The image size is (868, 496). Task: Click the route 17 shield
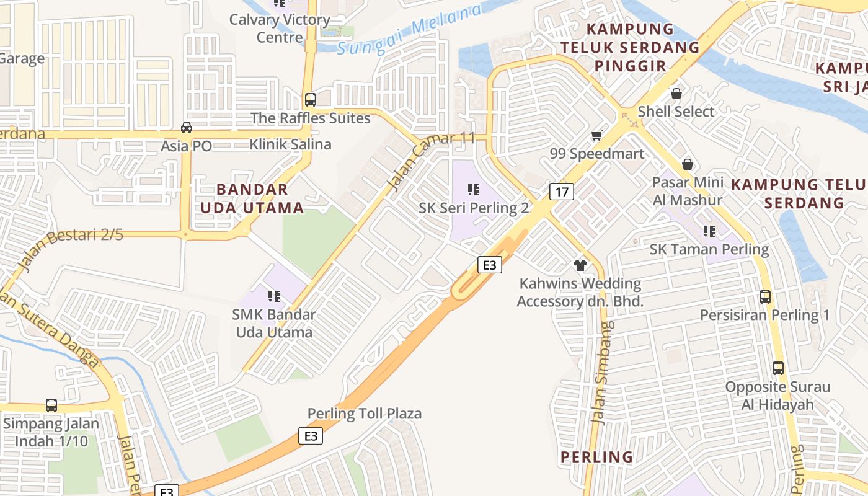[x=561, y=192]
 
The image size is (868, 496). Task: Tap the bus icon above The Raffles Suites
[x=311, y=99]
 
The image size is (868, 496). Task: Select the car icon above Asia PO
[x=186, y=128]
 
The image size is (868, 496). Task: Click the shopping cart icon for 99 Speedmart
[x=597, y=135]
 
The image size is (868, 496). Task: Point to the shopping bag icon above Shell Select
[x=676, y=94]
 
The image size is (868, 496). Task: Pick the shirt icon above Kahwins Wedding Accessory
[x=580, y=265]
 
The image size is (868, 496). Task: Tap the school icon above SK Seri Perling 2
[x=474, y=190]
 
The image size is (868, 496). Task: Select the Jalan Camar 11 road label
[x=430, y=161]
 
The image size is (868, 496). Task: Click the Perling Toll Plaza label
[x=365, y=414]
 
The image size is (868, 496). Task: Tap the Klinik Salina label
[x=290, y=144]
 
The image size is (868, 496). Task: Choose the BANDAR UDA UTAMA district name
[x=252, y=198]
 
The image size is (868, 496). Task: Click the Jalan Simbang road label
[x=602, y=372]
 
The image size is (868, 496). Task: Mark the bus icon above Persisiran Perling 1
[x=765, y=297]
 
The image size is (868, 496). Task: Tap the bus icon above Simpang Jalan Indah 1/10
[x=51, y=405]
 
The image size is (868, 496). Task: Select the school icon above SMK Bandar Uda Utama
[x=273, y=296]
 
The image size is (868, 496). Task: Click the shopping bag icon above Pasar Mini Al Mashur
[x=687, y=164]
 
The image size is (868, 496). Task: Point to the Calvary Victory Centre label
[x=280, y=28]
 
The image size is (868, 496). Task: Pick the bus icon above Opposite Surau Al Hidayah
[x=778, y=368]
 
